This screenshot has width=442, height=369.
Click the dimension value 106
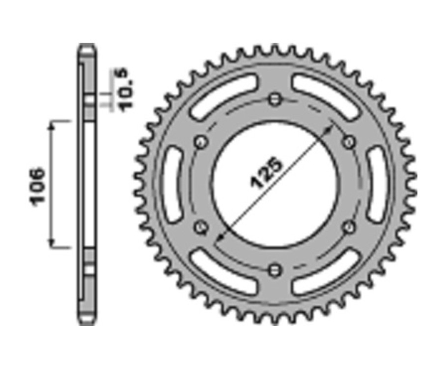(38, 186)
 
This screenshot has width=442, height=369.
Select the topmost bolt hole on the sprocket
(275, 100)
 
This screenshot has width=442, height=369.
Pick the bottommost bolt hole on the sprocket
(275, 269)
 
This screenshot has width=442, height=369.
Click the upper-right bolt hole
(349, 143)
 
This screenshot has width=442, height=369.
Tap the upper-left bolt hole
(200, 143)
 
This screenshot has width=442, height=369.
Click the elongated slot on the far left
(173, 185)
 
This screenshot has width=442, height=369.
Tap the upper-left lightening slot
(224, 96)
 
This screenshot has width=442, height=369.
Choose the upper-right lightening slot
(326, 96)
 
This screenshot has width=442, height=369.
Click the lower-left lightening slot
(224, 273)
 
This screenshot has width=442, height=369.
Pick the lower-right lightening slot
(326, 273)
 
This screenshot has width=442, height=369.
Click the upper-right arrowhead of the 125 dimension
(331, 127)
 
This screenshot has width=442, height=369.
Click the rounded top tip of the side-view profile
(86, 46)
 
